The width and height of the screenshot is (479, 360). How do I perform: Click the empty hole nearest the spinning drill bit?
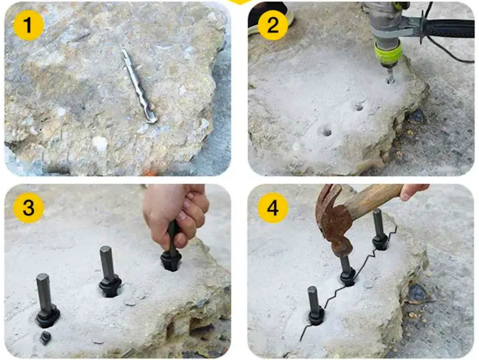click(x=358, y=105)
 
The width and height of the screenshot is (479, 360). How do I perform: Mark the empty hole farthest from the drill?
click(x=325, y=131)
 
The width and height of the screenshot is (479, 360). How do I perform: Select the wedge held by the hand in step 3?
click(x=172, y=252)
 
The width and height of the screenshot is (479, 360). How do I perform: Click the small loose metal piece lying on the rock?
click(x=45, y=338)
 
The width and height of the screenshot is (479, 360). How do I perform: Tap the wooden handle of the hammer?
click(x=373, y=200)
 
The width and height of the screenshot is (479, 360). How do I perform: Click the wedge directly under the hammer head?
click(x=346, y=268)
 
